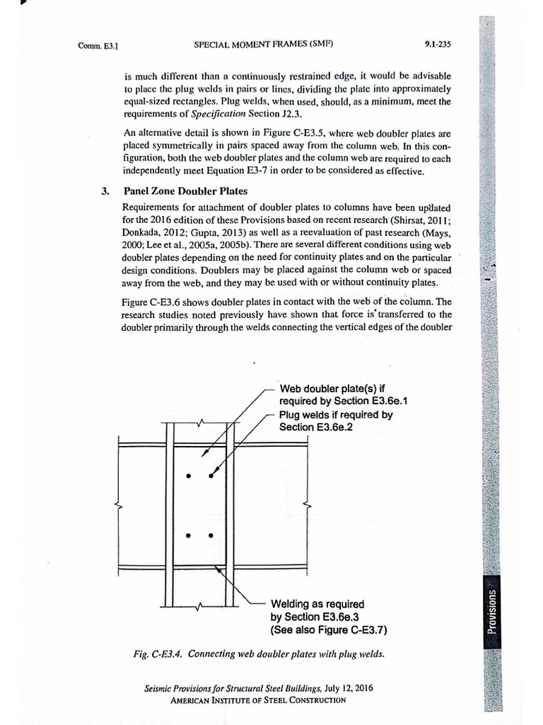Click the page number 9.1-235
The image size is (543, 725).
tap(438, 44)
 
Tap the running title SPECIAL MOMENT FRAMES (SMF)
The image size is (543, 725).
tap(262, 44)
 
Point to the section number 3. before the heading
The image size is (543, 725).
tap(104, 191)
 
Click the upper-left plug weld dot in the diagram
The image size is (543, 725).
tap(188, 476)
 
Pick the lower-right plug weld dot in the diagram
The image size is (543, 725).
tap(211, 536)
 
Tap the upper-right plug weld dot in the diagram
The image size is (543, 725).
tap(211, 476)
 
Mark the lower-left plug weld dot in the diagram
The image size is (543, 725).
tap(188, 536)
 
